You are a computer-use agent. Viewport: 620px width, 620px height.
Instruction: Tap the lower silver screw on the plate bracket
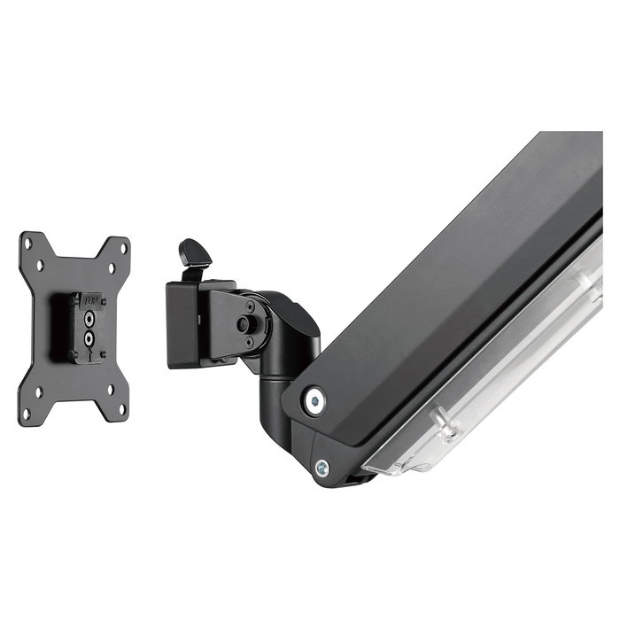pos(89,337)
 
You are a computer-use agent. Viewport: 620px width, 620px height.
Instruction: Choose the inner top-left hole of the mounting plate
pos(39,262)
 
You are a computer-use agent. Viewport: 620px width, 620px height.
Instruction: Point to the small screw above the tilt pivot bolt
pos(249,306)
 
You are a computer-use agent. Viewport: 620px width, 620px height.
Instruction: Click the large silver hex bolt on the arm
pos(313,401)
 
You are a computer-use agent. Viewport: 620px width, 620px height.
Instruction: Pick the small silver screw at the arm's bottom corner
pos(322,469)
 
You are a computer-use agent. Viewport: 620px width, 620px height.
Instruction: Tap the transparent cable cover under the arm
pos(496,381)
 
